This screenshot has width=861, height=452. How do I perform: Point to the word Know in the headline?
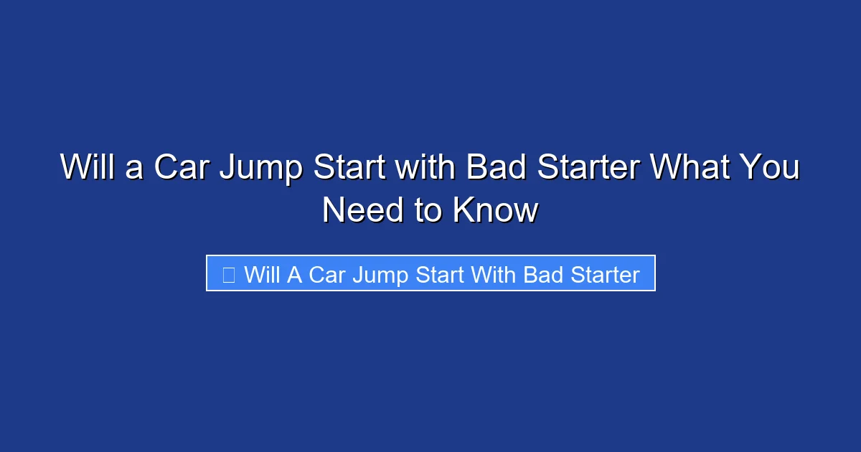(x=494, y=210)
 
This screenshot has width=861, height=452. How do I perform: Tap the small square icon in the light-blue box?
(x=228, y=275)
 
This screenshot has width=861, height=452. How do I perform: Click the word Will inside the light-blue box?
(x=263, y=275)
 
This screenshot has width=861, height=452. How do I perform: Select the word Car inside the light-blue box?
(x=327, y=275)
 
